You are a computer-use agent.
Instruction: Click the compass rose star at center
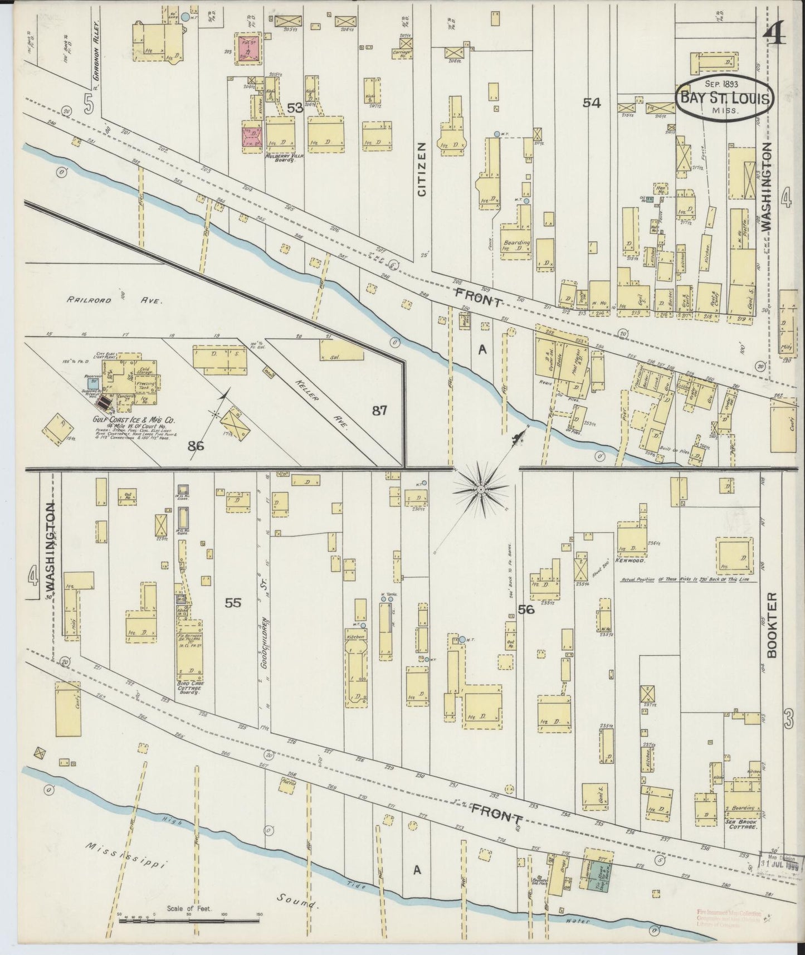(x=480, y=489)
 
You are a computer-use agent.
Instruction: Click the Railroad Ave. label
(x=114, y=300)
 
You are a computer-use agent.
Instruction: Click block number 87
(x=379, y=411)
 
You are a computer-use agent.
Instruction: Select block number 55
(x=233, y=602)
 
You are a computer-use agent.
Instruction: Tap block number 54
(x=591, y=102)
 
